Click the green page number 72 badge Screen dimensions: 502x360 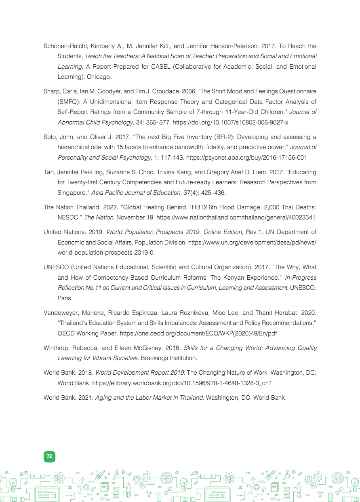pyautogui.click(x=49, y=456)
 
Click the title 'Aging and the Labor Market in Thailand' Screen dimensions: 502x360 pyautogui.click(x=149, y=397)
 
